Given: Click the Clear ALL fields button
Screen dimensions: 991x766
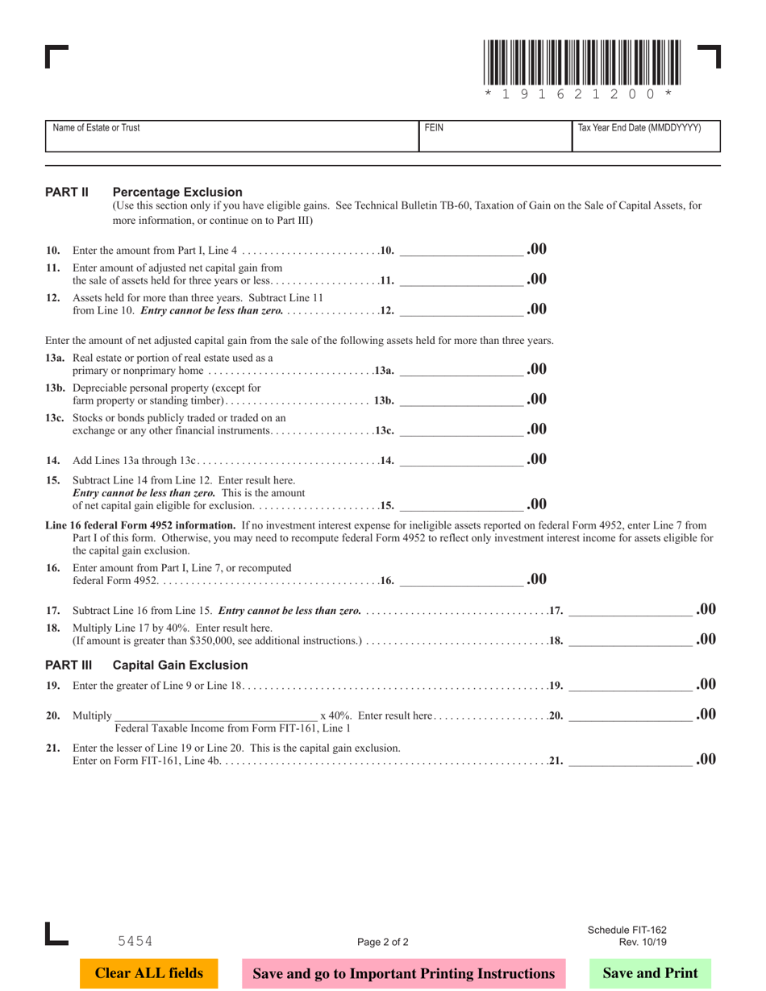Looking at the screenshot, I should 149,973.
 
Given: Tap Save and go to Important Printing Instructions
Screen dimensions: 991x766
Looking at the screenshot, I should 404,973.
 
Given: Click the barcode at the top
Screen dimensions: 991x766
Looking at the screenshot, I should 582,64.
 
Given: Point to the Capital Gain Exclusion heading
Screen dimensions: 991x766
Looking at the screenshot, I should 180,666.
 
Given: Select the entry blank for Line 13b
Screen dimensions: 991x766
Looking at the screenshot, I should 461,400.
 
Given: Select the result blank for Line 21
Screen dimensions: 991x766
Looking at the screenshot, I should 631,759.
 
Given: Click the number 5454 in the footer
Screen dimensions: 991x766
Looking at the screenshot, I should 135,940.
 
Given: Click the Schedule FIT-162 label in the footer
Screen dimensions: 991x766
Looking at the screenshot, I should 627,930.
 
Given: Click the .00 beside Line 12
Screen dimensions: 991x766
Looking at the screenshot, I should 537,309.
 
